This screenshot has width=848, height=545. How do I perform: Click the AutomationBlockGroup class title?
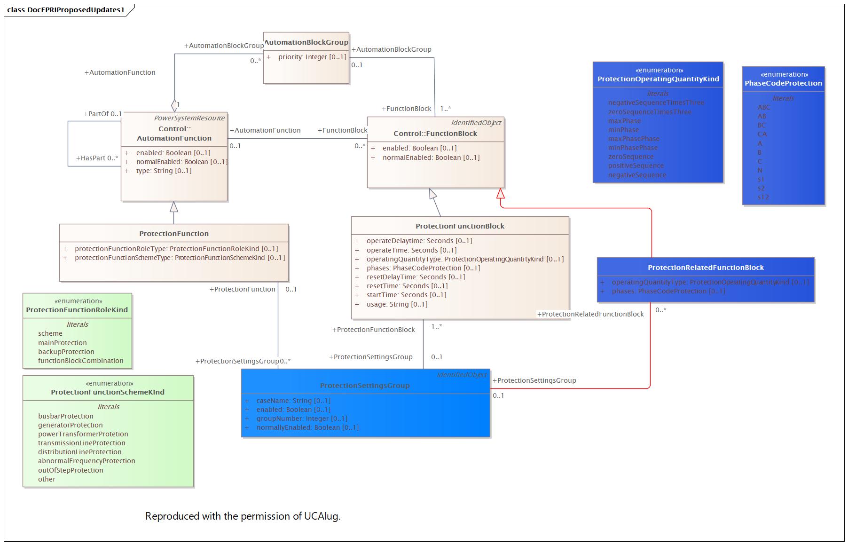306,42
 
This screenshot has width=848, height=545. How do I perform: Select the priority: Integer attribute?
312,57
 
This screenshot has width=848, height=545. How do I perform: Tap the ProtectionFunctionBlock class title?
460,226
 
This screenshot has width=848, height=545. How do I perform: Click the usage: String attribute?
397,304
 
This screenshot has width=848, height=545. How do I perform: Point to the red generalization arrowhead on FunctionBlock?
501,193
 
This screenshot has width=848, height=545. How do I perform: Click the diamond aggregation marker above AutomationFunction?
174,104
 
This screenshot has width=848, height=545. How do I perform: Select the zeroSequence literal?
630,157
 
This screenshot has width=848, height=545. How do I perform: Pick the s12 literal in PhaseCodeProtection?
763,197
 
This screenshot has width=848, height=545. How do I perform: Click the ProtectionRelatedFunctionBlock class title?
706,268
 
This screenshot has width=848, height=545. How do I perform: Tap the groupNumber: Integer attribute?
302,419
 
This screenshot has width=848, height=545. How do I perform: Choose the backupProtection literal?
66,352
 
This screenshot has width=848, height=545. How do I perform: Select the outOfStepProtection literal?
71,470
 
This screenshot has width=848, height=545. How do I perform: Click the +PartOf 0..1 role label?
102,114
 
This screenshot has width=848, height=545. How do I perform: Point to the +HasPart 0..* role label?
97,158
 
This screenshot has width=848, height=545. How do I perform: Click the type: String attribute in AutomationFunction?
164,171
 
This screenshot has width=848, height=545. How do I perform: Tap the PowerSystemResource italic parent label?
189,118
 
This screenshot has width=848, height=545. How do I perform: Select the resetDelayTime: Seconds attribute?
416,277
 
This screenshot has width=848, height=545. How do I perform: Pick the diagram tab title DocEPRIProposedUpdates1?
66,9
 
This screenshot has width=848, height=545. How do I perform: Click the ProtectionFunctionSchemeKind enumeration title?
108,392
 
